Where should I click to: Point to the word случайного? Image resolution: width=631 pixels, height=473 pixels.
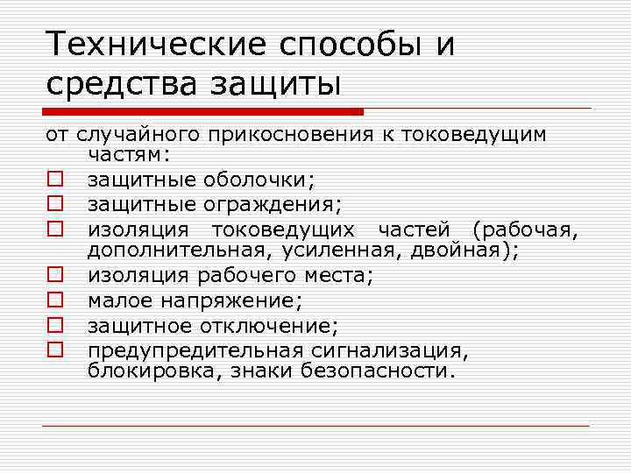click(140, 135)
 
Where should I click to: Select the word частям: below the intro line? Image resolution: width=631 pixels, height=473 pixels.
click(130, 155)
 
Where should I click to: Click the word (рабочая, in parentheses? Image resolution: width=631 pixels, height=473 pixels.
click(524, 229)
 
